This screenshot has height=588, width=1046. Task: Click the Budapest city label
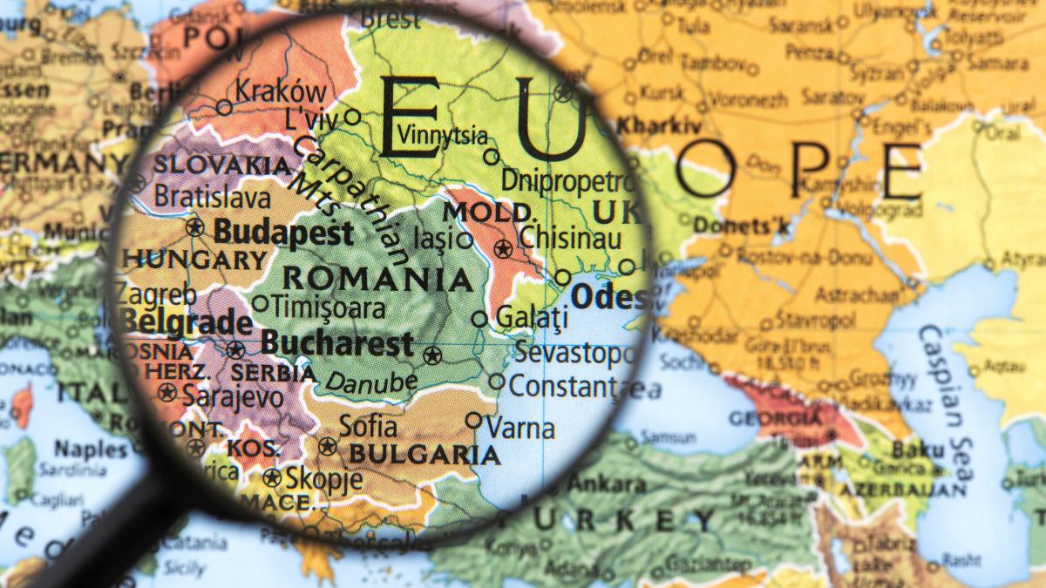(x=283, y=233)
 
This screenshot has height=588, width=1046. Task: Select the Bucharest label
(x=337, y=344)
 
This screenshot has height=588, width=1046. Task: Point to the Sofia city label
(x=368, y=426)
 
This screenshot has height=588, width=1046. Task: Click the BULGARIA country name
(x=425, y=455)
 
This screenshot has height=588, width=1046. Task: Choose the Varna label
(x=520, y=428)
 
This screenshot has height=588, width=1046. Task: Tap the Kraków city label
(x=282, y=91)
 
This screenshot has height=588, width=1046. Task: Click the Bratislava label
(x=211, y=196)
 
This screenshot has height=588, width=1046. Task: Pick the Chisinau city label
(x=570, y=238)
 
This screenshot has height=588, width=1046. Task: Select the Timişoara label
(x=329, y=307)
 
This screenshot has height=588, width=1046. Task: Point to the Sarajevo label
(x=233, y=397)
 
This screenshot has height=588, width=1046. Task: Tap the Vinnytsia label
(x=442, y=135)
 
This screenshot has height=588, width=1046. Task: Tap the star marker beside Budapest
(x=194, y=228)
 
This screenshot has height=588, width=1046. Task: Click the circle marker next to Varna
(x=473, y=420)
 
